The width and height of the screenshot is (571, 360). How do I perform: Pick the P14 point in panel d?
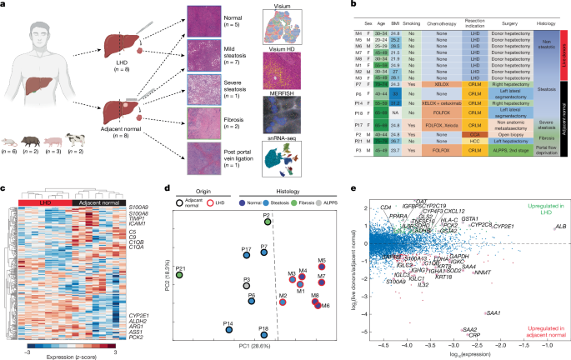228,330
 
